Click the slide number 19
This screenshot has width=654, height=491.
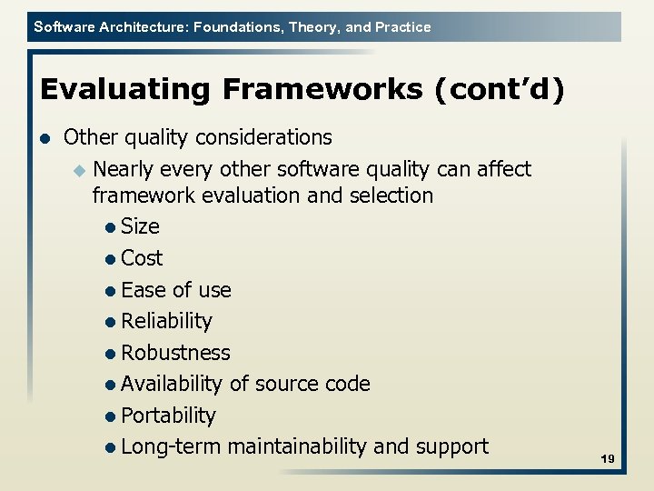point(608,460)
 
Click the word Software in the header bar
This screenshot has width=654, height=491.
point(62,27)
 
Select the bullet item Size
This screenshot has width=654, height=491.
point(140,226)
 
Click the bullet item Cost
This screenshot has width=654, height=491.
point(142,258)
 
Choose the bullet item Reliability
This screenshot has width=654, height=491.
point(166,321)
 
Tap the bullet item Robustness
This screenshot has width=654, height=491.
point(175,353)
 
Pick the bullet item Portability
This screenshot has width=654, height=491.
point(168,416)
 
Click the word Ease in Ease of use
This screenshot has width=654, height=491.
point(144,290)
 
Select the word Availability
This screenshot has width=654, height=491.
point(171,384)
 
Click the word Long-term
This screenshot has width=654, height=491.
point(171,446)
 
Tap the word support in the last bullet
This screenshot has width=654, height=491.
point(451,446)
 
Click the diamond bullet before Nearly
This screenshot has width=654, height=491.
point(79,170)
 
